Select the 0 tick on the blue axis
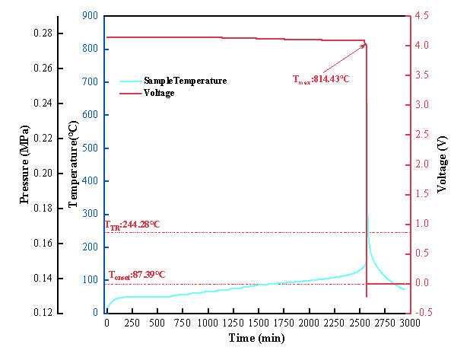pos(96,313)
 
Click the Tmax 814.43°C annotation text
pos(321,78)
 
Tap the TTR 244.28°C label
pos(132,225)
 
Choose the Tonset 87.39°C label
pos(137,274)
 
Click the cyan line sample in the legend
pos(131,81)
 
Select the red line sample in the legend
pos(131,94)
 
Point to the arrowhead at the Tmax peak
pos(365,44)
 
